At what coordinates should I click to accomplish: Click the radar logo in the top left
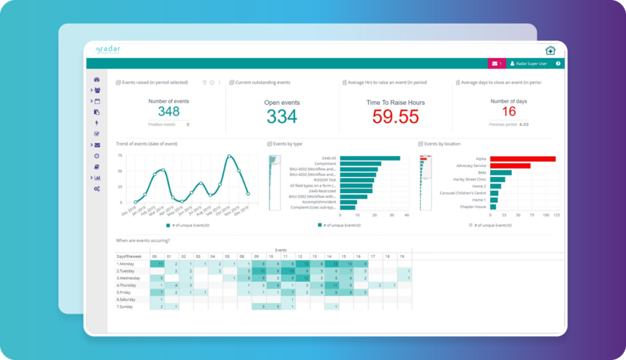point(108,50)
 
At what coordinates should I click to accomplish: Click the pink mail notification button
point(496,63)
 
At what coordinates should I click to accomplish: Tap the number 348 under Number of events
point(168,112)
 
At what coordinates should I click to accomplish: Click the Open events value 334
point(282,116)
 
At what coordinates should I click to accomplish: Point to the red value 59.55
point(395,116)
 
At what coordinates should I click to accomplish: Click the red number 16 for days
point(509,112)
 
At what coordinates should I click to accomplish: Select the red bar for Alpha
point(522,158)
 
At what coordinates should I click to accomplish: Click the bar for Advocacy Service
point(510,166)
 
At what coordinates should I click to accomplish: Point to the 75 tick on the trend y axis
point(120,155)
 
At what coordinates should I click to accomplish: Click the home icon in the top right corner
point(550,50)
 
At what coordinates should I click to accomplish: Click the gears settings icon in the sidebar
point(97,188)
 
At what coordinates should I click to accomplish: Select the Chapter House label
point(473,207)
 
